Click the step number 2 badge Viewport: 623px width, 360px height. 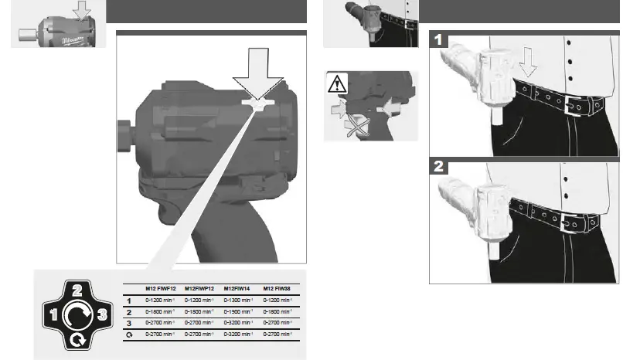(439, 166)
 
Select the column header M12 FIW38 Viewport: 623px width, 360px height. (277, 287)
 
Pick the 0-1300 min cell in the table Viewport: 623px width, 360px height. (238, 300)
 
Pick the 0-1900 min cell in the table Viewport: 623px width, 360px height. (238, 311)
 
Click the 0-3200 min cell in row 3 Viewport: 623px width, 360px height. (238, 323)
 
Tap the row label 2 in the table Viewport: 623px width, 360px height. (128, 311)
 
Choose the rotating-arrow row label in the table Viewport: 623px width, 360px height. (128, 335)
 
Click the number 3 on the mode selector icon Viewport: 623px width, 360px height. (99, 314)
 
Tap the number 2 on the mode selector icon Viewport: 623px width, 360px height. (76, 291)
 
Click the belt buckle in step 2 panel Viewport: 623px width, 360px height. (572, 222)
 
